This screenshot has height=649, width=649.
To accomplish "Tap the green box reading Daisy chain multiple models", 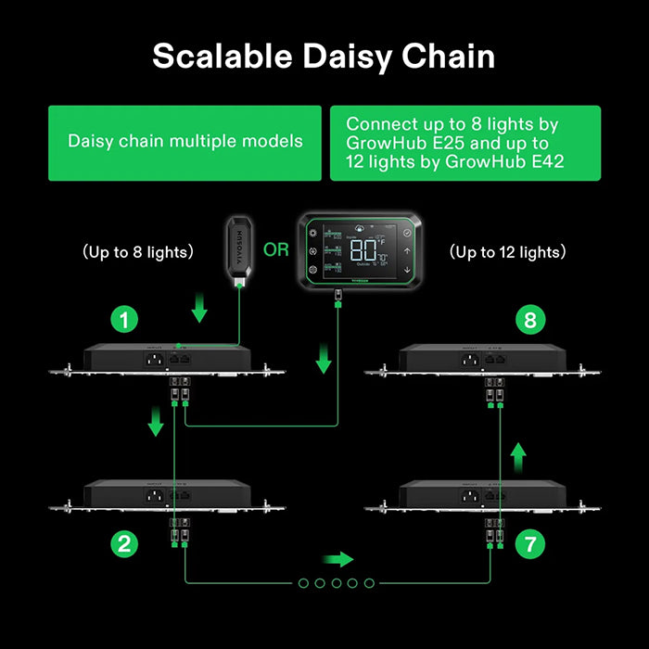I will pyautogui.click(x=185, y=142).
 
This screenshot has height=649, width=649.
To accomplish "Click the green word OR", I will pyautogui.click(x=275, y=250).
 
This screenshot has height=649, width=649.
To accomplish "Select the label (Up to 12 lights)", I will pyautogui.click(x=507, y=251).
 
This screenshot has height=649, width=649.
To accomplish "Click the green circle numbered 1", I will pyautogui.click(x=124, y=322).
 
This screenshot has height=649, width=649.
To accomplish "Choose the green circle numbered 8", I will pyautogui.click(x=529, y=322).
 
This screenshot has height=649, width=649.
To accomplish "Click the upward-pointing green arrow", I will pyautogui.click(x=521, y=455).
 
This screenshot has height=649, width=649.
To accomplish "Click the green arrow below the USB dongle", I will pyautogui.click(x=197, y=308).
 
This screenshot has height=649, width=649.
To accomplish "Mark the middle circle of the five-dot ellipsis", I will pyautogui.click(x=336, y=582).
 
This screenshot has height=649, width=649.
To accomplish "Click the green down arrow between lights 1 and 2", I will pyautogui.click(x=156, y=423).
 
